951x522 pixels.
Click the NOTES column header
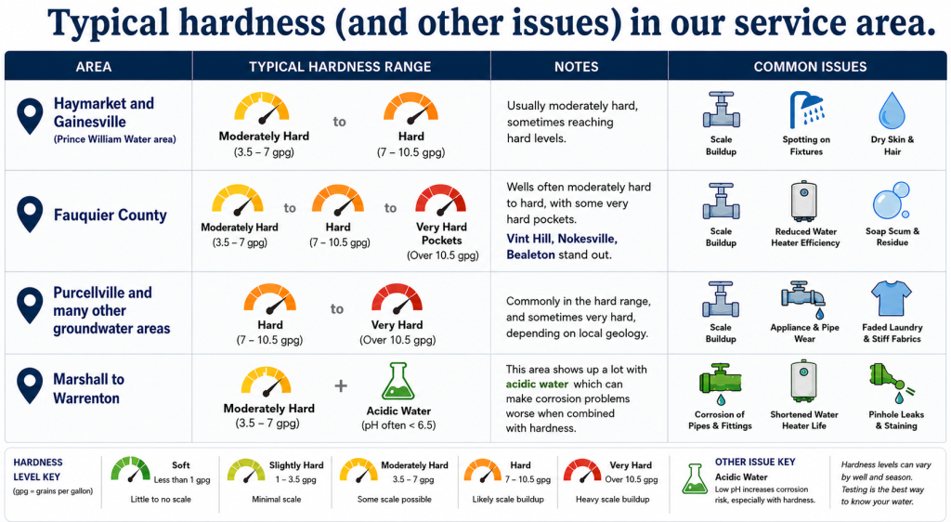click(576, 67)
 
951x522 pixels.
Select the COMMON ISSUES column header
click(810, 67)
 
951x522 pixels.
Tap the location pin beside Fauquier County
click(30, 215)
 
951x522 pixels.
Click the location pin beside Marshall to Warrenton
click(30, 385)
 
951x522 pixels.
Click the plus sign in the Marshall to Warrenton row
click(341, 385)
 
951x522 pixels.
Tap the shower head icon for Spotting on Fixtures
click(806, 110)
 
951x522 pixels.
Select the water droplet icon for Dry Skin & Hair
click(892, 111)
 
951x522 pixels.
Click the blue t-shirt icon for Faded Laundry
click(891, 298)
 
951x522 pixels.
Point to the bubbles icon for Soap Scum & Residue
click(892, 200)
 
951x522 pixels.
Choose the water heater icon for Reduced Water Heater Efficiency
click(804, 201)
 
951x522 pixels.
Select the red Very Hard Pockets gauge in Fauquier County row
click(441, 201)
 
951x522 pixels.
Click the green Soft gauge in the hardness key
click(130, 470)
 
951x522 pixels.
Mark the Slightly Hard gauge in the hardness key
click(245, 471)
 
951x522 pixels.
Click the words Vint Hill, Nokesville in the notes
click(562, 239)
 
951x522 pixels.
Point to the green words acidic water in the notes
click(537, 385)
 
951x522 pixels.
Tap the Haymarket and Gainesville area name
click(104, 112)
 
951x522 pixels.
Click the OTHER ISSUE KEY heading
click(754, 462)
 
